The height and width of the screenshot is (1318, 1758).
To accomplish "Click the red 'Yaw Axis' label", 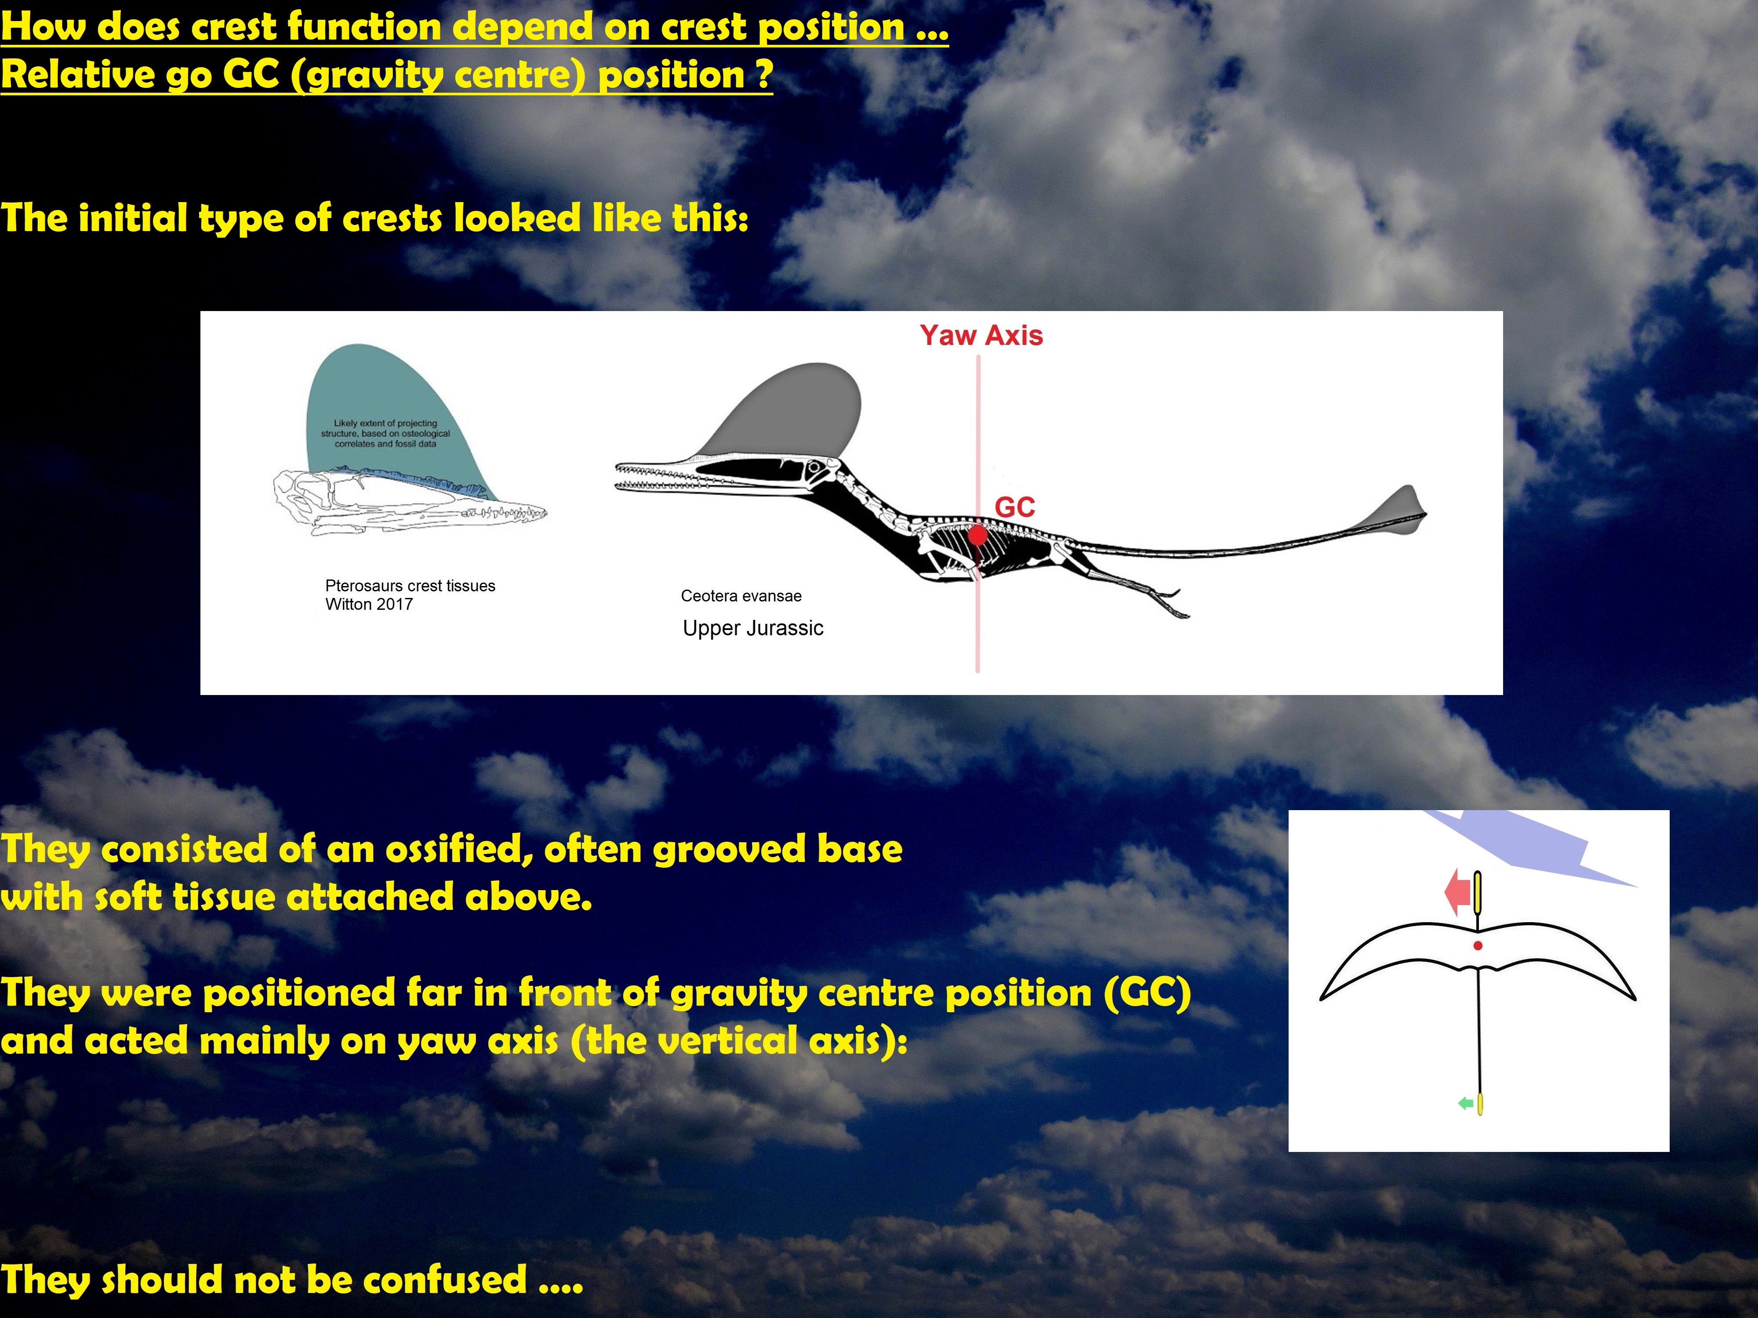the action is click(x=981, y=335).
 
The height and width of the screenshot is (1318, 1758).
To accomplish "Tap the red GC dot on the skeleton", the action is click(x=978, y=536).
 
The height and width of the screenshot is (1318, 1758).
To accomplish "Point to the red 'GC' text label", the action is click(x=1015, y=507).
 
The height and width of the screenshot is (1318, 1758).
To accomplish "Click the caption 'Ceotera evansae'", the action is click(x=741, y=596).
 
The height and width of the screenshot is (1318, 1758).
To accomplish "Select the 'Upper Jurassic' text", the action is click(x=752, y=628).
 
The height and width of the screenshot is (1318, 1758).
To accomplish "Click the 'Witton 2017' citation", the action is click(x=369, y=604).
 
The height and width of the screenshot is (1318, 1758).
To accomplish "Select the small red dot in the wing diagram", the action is click(x=1478, y=945).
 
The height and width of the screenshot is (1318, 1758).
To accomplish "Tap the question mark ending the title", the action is click(x=763, y=75).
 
